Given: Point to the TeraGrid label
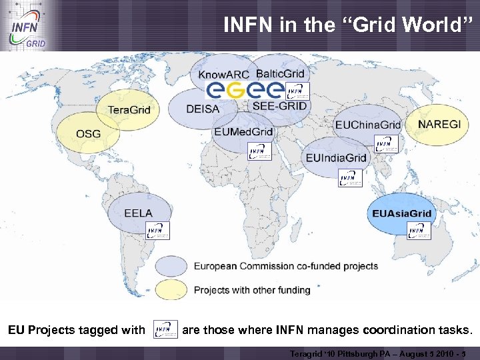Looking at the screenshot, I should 129,109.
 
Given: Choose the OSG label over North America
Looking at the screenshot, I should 89,133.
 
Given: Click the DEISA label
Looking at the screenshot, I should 203,109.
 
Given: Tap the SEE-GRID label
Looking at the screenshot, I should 280,106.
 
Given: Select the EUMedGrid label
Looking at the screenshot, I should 243,131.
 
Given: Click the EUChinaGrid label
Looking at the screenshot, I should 368,125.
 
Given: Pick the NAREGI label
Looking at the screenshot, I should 439,124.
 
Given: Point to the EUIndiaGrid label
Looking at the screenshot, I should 336,158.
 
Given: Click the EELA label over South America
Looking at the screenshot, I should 138,213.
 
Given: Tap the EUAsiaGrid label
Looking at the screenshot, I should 401,213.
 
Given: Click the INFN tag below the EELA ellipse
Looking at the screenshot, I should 158,231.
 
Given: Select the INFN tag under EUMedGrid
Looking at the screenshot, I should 260,151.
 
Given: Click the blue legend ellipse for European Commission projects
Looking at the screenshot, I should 171,266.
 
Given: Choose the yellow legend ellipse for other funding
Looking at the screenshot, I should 171,290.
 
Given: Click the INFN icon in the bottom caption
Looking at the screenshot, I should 165,329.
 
